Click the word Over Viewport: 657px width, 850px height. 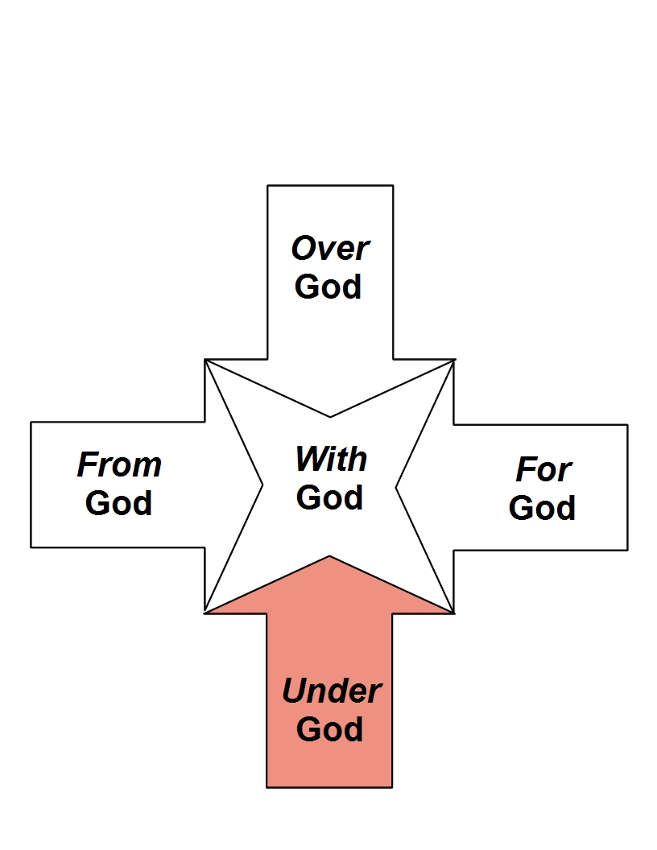(x=330, y=249)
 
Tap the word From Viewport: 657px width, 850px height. (x=119, y=464)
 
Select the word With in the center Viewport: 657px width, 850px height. (x=331, y=460)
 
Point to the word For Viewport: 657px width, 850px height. (x=543, y=469)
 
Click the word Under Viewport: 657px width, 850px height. (x=331, y=691)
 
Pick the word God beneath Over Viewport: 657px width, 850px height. (x=328, y=287)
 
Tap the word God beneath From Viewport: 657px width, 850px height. (x=119, y=503)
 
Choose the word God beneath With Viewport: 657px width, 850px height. (x=330, y=497)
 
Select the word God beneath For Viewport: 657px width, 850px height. (x=543, y=508)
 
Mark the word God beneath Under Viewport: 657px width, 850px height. (x=330, y=729)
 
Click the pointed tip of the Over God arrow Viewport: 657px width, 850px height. (x=330, y=416)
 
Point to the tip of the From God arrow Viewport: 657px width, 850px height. (x=262, y=485)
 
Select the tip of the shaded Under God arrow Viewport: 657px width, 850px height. (x=329, y=556)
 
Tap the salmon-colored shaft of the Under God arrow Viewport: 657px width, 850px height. (x=329, y=765)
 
